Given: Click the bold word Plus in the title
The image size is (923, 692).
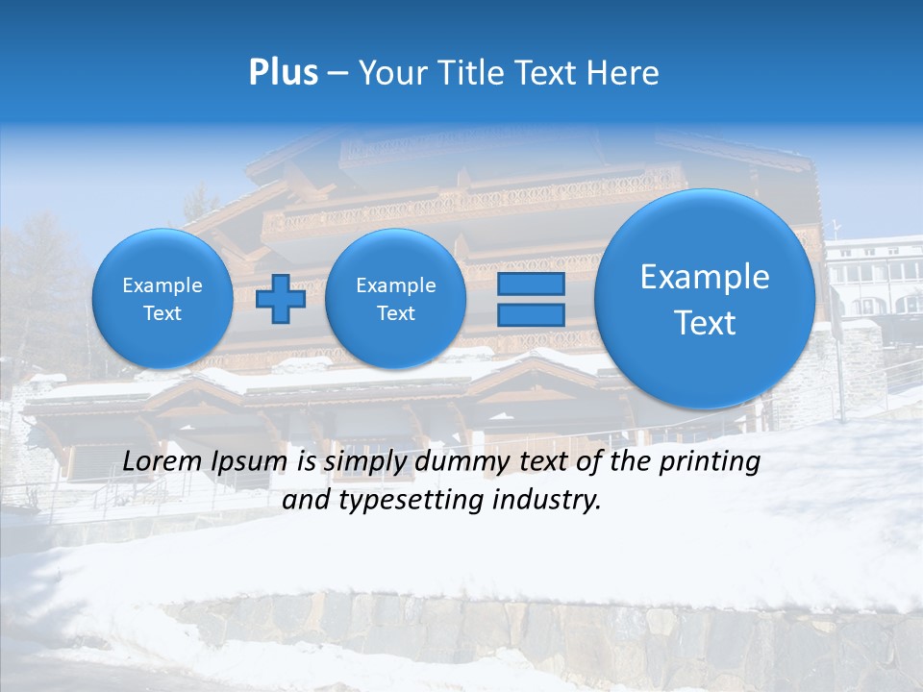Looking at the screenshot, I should pyautogui.click(x=283, y=73).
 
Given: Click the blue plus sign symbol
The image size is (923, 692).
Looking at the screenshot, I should pyautogui.click(x=281, y=299).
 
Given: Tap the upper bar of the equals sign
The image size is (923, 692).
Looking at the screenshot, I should pyautogui.click(x=529, y=284).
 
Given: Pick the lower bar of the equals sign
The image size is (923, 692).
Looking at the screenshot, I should pyautogui.click(x=529, y=314).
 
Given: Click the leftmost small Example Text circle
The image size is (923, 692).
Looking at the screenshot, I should pyautogui.click(x=162, y=299).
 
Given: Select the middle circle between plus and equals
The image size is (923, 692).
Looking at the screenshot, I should pyautogui.click(x=395, y=299).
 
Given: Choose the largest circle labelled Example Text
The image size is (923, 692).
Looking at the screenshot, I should pyautogui.click(x=705, y=299).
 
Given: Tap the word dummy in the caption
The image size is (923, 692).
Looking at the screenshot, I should pyautogui.click(x=460, y=462).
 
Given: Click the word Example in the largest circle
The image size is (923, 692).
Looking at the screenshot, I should pyautogui.click(x=705, y=278).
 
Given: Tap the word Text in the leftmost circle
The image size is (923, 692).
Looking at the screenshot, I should pyautogui.click(x=162, y=313).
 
